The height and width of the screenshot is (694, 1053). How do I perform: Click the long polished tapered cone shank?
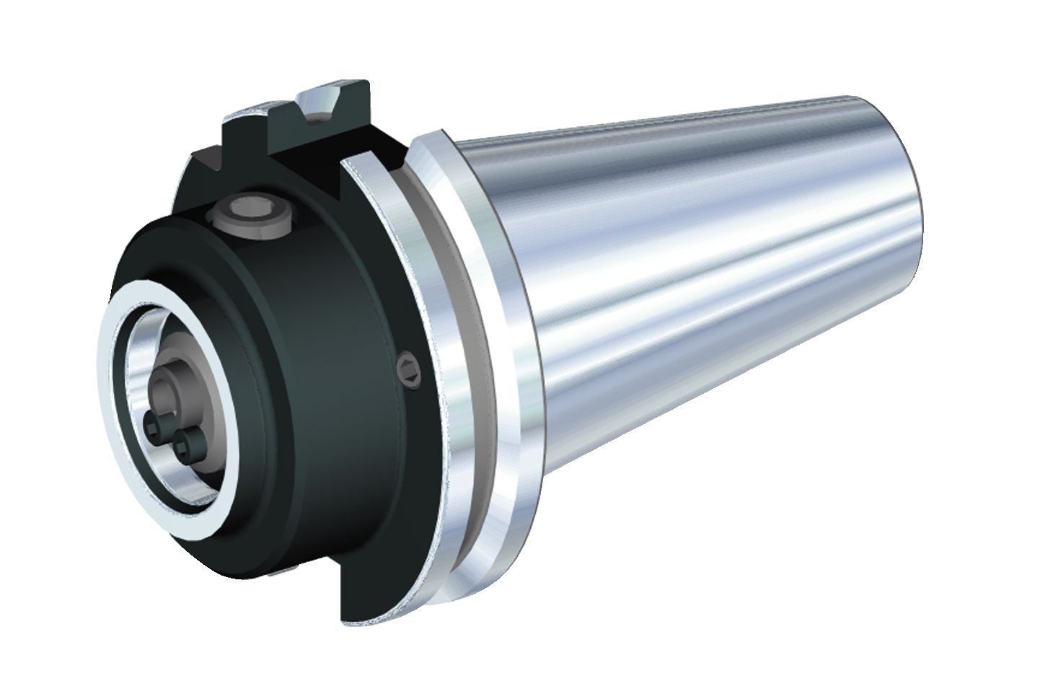(721, 289)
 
